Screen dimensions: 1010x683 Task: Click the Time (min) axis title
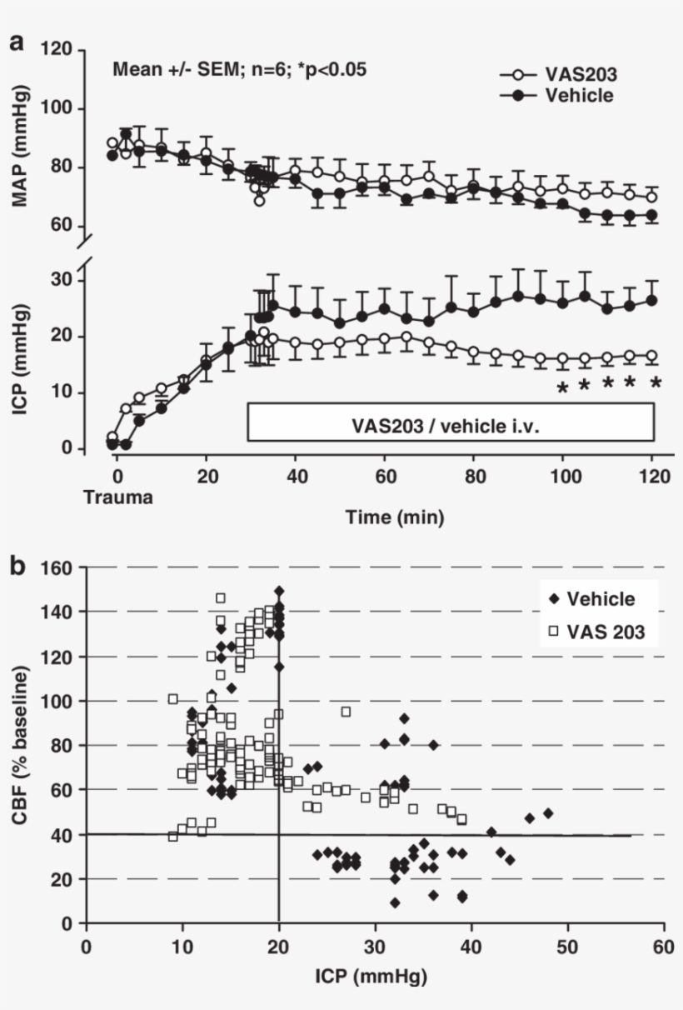point(394,517)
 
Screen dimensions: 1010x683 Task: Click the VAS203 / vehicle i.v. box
point(451,422)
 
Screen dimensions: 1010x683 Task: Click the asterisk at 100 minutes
point(562,387)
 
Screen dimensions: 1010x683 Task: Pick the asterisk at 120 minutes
point(656,385)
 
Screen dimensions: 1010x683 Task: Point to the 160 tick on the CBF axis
point(60,567)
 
